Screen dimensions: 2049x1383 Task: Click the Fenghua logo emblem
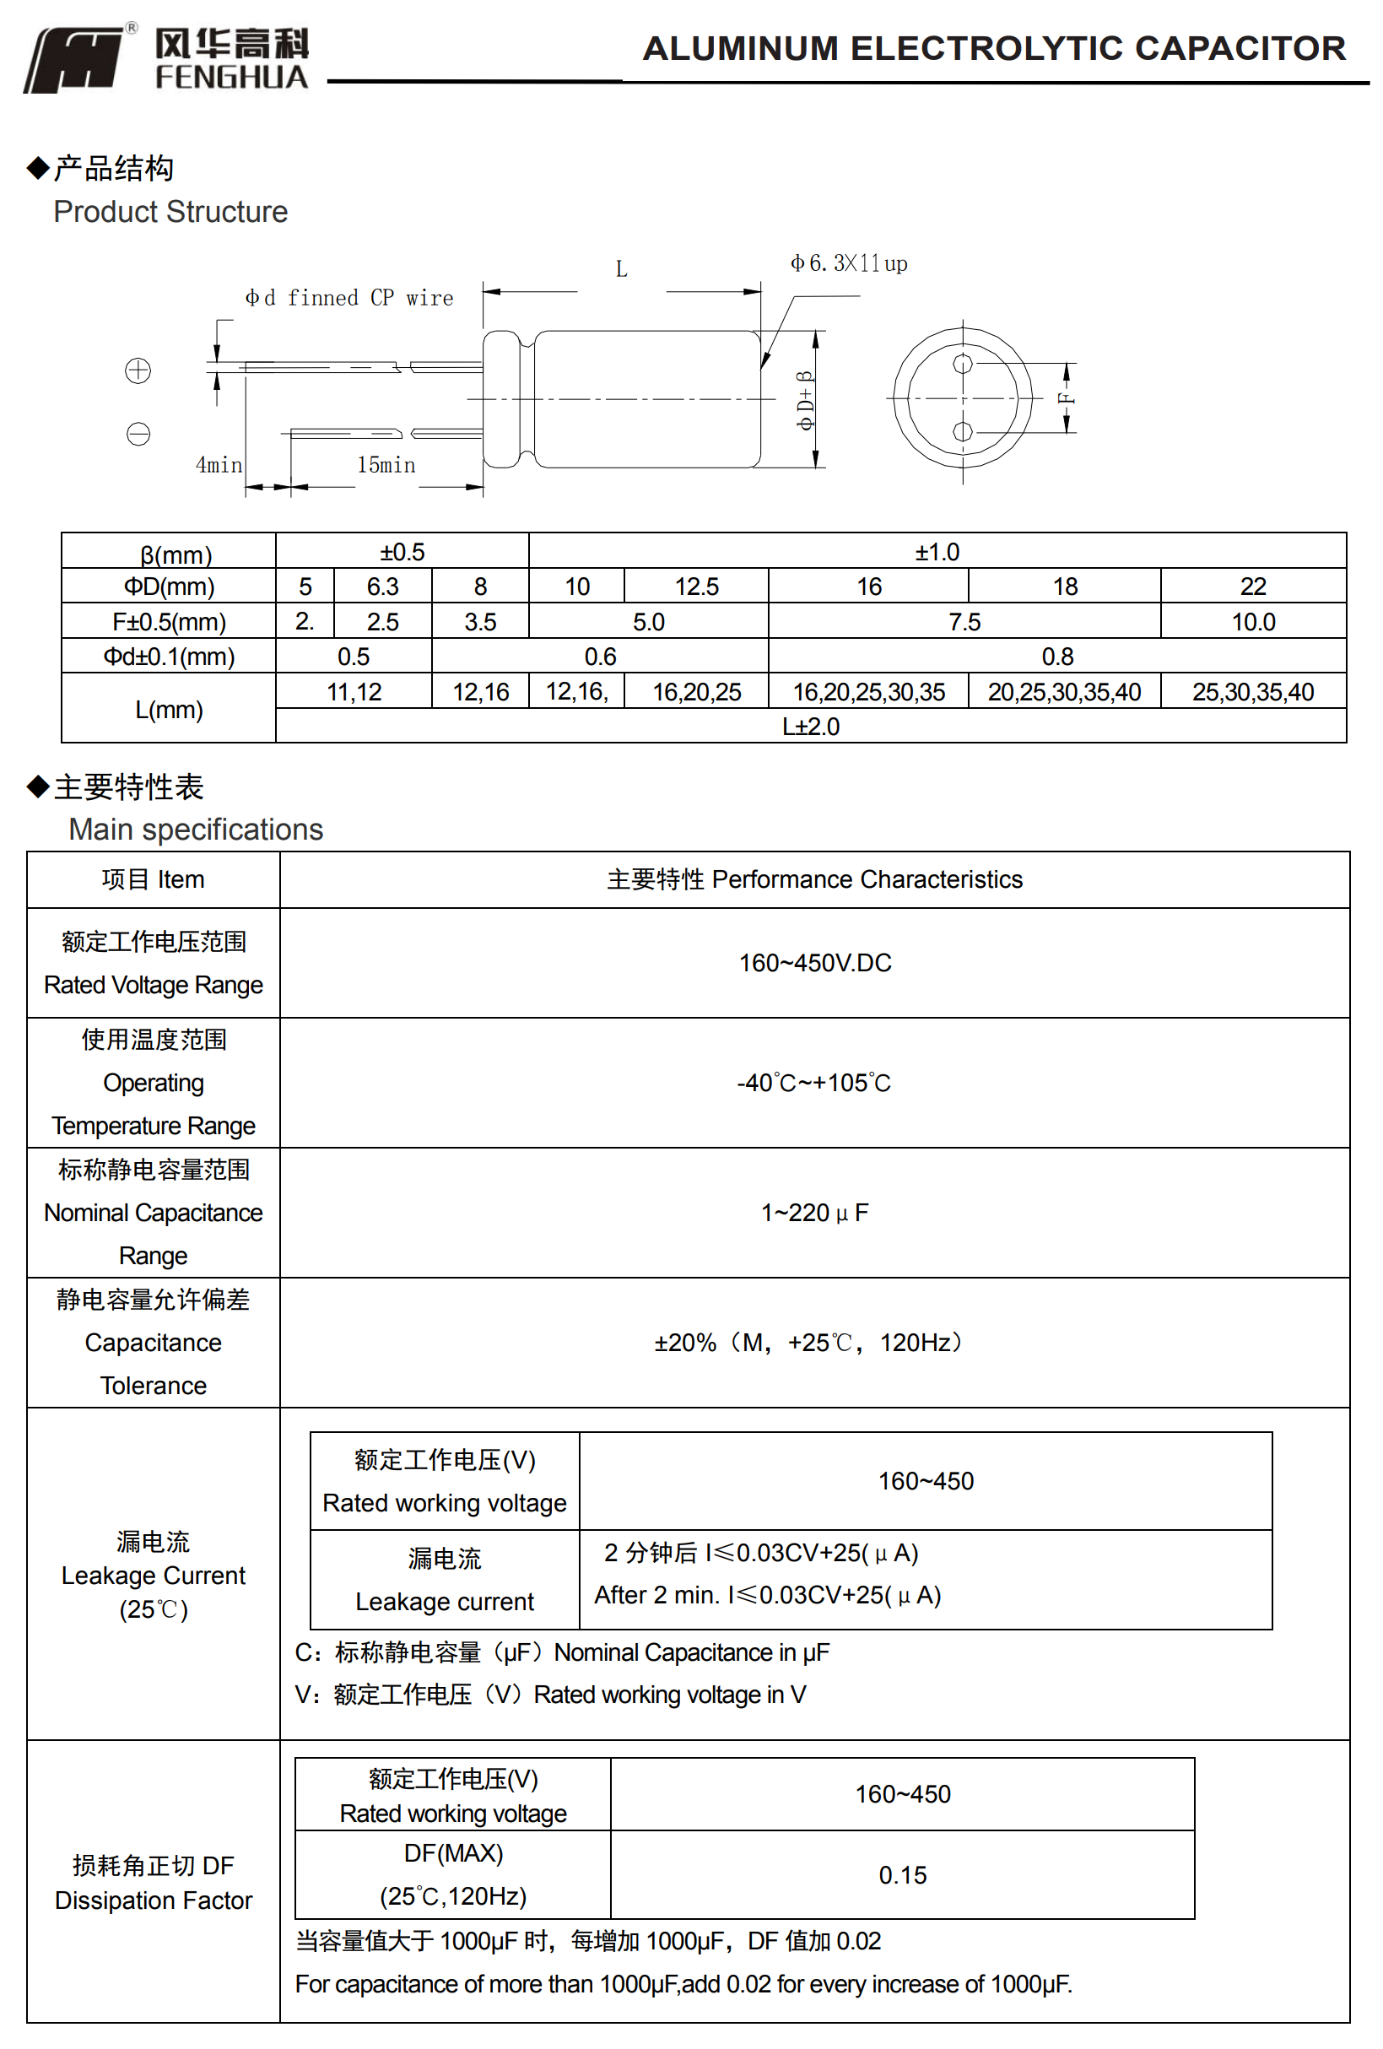coord(75,58)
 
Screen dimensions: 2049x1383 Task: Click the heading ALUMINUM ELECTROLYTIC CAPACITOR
coord(993,48)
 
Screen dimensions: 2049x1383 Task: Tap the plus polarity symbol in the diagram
coord(138,370)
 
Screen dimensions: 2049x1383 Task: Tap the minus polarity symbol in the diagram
coord(138,434)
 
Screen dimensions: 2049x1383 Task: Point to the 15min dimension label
coord(385,465)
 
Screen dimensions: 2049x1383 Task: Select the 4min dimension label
coord(219,465)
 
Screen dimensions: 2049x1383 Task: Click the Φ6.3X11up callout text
coord(848,263)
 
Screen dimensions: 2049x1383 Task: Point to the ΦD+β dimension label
coord(805,400)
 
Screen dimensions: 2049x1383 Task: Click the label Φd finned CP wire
coord(349,298)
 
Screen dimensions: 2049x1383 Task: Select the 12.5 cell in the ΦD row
coord(695,587)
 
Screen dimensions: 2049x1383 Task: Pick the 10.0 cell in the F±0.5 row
coord(1251,622)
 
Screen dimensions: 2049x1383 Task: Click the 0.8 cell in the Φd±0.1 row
coord(1056,656)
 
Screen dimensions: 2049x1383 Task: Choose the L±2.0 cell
coord(810,727)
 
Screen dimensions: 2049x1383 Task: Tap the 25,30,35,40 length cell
coord(1251,692)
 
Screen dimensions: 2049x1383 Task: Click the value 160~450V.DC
coord(814,963)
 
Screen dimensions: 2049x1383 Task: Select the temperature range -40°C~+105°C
coord(813,1083)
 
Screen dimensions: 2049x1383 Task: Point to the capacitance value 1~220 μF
coord(813,1213)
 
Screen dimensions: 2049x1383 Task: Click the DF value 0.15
coord(902,1875)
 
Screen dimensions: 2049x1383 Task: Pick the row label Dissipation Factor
coord(154,1900)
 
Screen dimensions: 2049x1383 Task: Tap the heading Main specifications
coord(196,830)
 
